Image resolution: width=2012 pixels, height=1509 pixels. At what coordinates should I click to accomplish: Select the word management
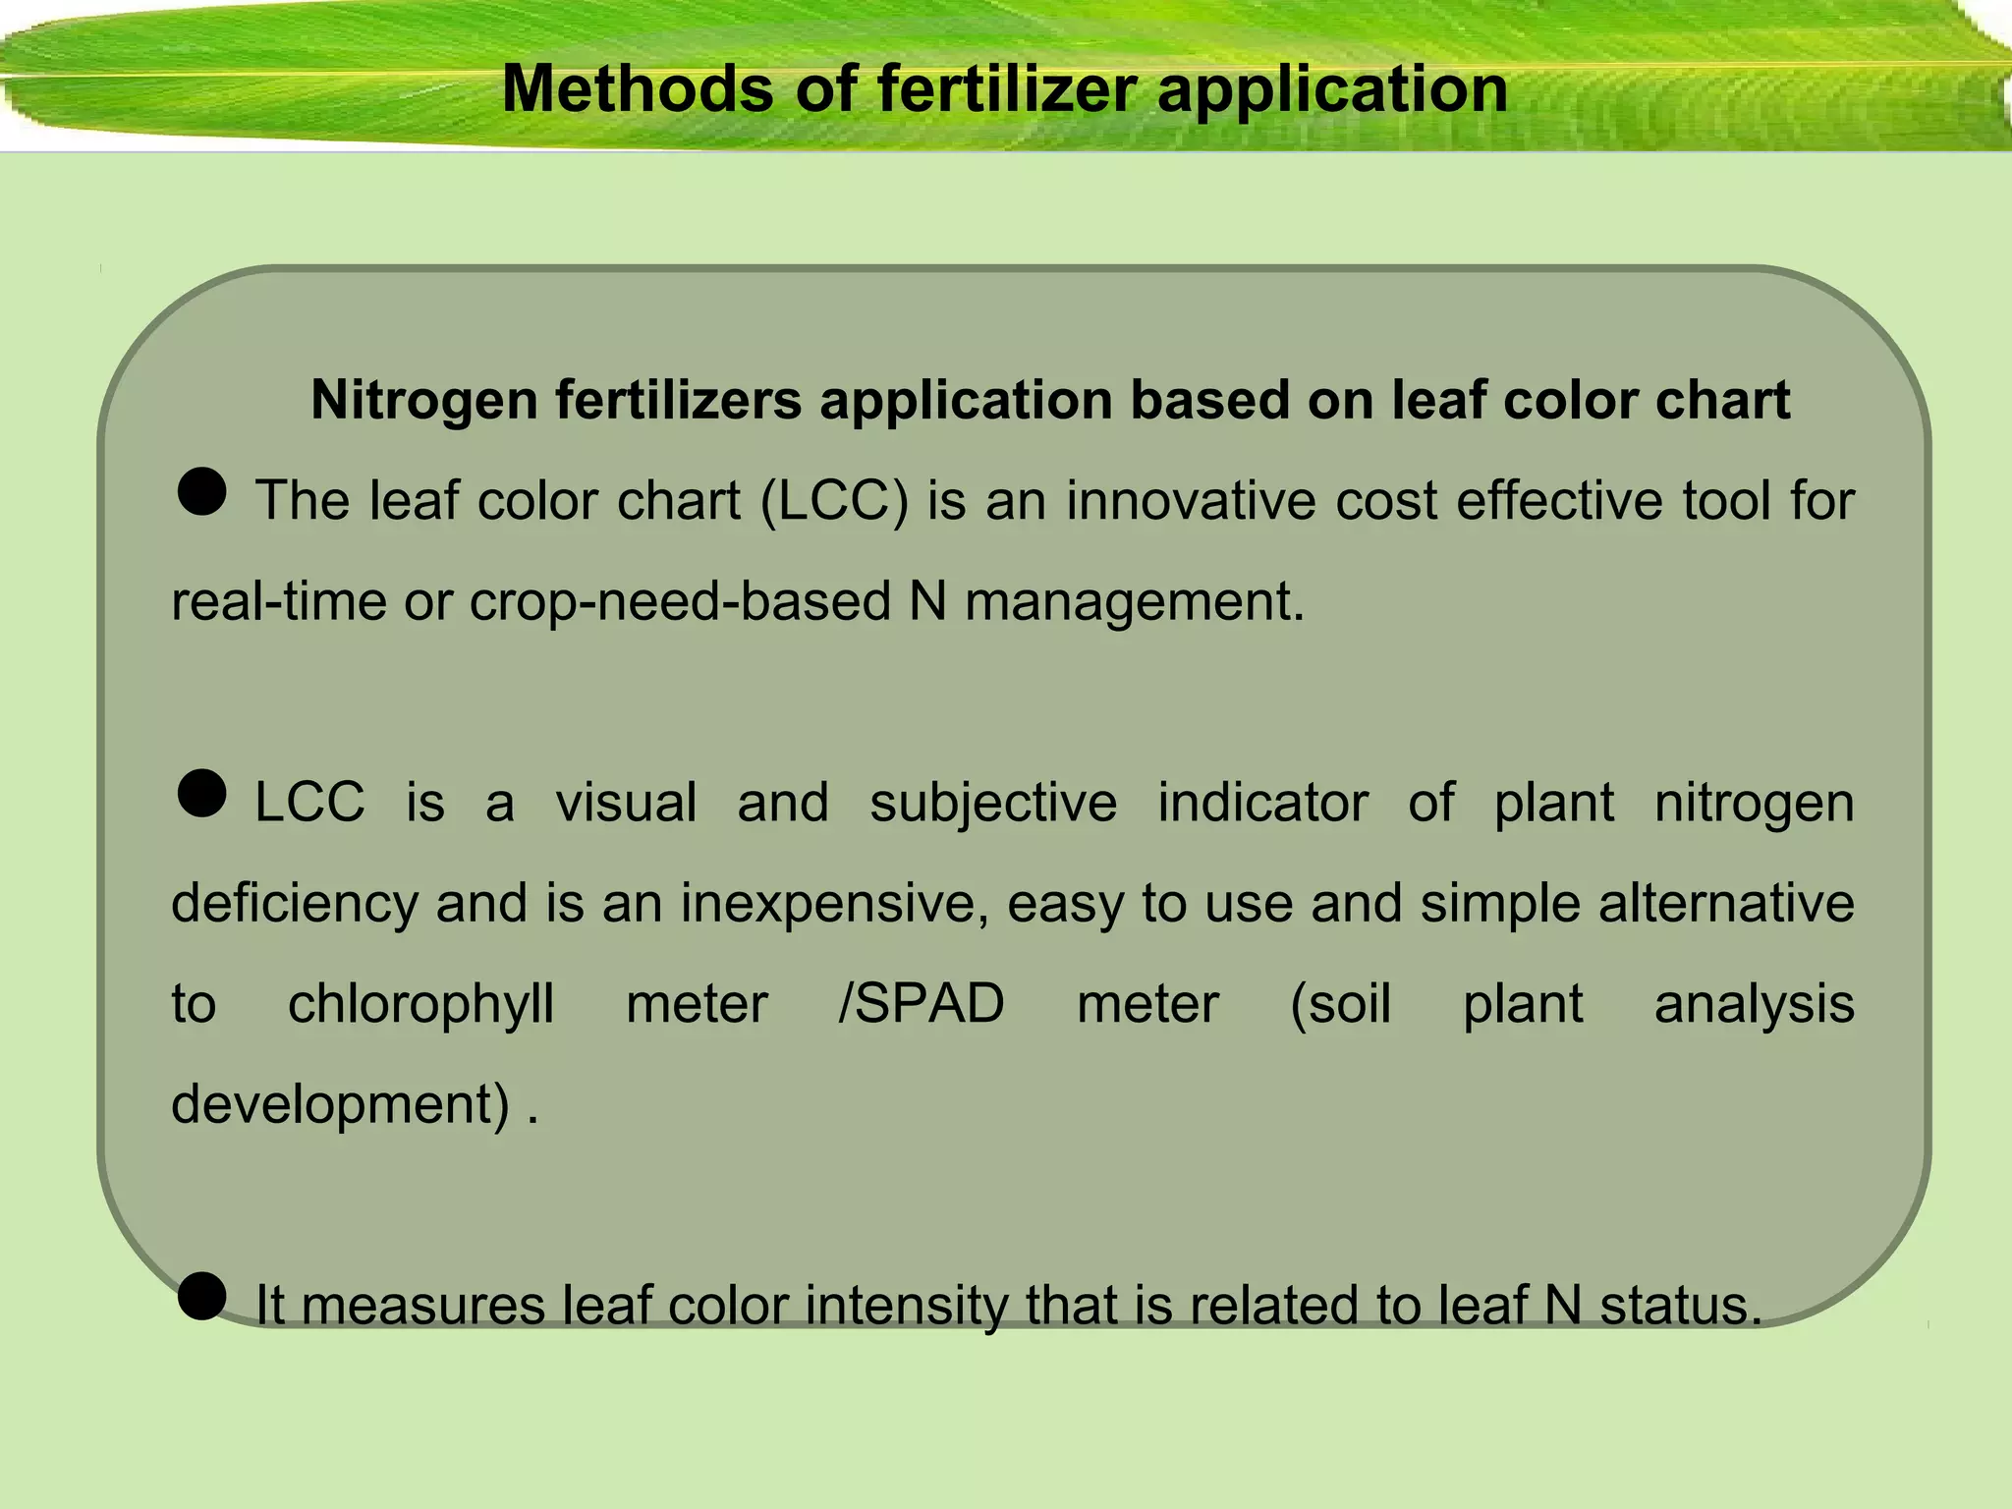coord(1134,601)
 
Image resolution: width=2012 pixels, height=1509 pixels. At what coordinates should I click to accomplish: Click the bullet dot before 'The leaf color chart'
coord(202,491)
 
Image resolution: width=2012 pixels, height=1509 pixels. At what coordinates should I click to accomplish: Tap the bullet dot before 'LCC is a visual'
coord(202,793)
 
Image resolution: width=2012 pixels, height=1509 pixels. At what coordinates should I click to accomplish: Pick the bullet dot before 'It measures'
coord(202,1296)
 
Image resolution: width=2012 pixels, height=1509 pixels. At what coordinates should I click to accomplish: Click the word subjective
coord(993,803)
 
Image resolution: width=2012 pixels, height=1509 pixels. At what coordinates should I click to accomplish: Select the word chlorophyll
coord(420,1004)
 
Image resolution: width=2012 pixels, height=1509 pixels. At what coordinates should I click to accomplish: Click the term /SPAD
coord(922,1004)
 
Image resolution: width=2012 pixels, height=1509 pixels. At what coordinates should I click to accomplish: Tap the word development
coord(340,1104)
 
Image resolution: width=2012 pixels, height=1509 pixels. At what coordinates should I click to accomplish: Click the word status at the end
coord(1681,1307)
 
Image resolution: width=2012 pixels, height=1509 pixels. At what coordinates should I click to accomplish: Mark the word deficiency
coord(295,903)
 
